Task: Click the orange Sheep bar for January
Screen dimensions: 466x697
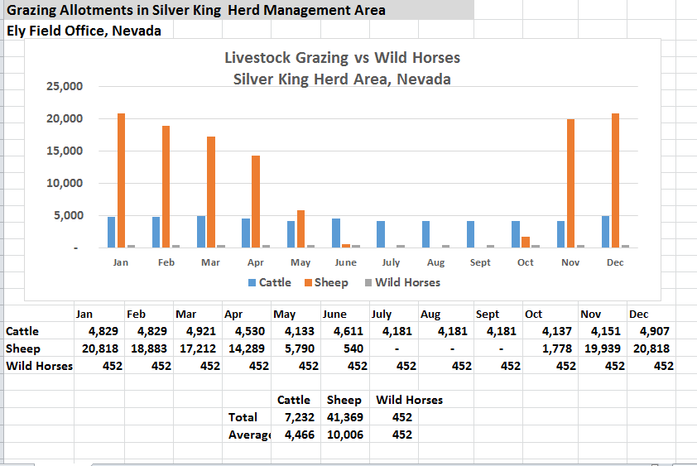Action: (x=121, y=180)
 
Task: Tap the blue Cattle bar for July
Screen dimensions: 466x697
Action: (x=380, y=234)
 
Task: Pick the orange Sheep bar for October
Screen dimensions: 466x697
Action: (x=526, y=242)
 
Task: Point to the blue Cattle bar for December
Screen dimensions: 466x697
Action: (x=606, y=232)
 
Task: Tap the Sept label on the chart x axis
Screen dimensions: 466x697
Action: (x=480, y=262)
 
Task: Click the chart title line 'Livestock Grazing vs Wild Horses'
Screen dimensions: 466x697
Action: (x=342, y=58)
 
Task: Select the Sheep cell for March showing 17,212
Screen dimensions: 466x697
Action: (x=197, y=348)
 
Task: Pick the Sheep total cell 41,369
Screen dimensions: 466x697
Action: (x=344, y=417)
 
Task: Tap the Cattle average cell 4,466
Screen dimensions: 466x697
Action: (x=299, y=435)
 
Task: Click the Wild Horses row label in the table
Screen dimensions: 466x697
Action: (x=39, y=366)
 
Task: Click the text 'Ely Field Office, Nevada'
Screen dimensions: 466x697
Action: (x=84, y=31)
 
